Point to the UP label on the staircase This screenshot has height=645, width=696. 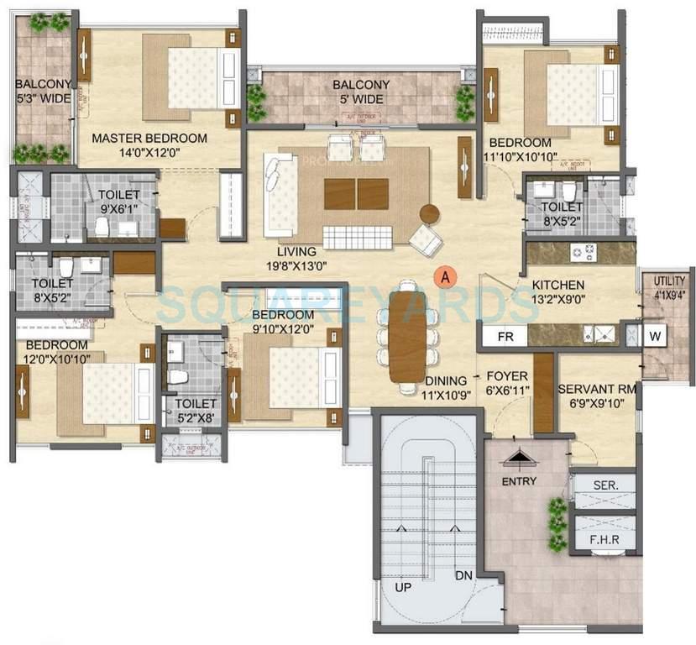[x=405, y=587]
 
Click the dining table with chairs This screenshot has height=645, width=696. [x=410, y=330]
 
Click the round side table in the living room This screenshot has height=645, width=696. [x=430, y=214]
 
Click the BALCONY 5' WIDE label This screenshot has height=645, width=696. [x=361, y=92]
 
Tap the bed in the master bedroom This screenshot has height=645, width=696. [x=191, y=80]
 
